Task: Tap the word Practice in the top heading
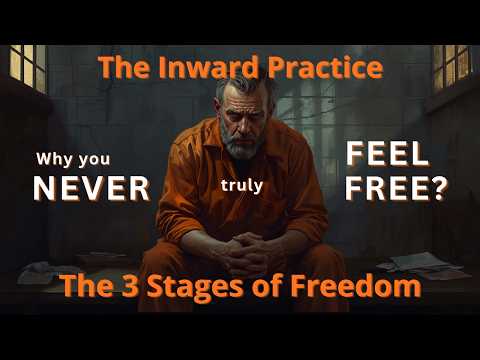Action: click(x=325, y=67)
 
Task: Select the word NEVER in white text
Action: click(x=92, y=188)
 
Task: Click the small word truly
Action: click(x=242, y=186)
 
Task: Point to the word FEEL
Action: click(x=388, y=155)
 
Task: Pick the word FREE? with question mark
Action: click(x=396, y=188)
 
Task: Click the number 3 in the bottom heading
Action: click(x=130, y=286)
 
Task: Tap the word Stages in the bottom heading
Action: click(x=195, y=287)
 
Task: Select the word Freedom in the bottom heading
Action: click(x=356, y=286)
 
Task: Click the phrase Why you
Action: click(x=73, y=160)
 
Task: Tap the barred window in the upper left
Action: click(x=28, y=68)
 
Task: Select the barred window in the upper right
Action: click(x=453, y=67)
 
